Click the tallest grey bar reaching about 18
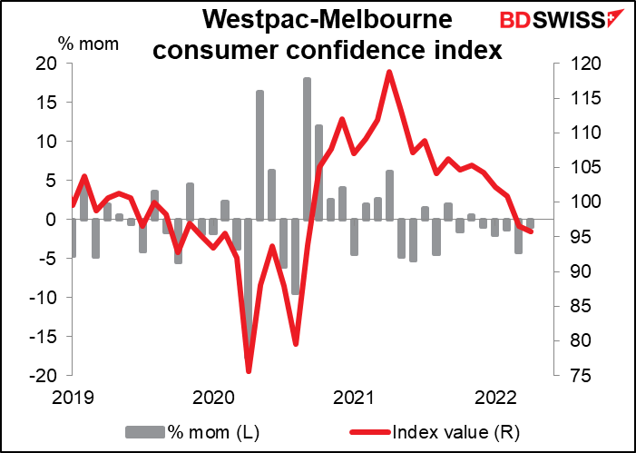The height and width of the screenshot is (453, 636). [x=307, y=145]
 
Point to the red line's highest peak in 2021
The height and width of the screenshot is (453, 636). [x=389, y=72]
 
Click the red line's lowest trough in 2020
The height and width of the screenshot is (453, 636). [x=249, y=371]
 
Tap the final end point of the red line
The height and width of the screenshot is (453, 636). [x=531, y=231]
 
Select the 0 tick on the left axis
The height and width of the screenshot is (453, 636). [x=52, y=220]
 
